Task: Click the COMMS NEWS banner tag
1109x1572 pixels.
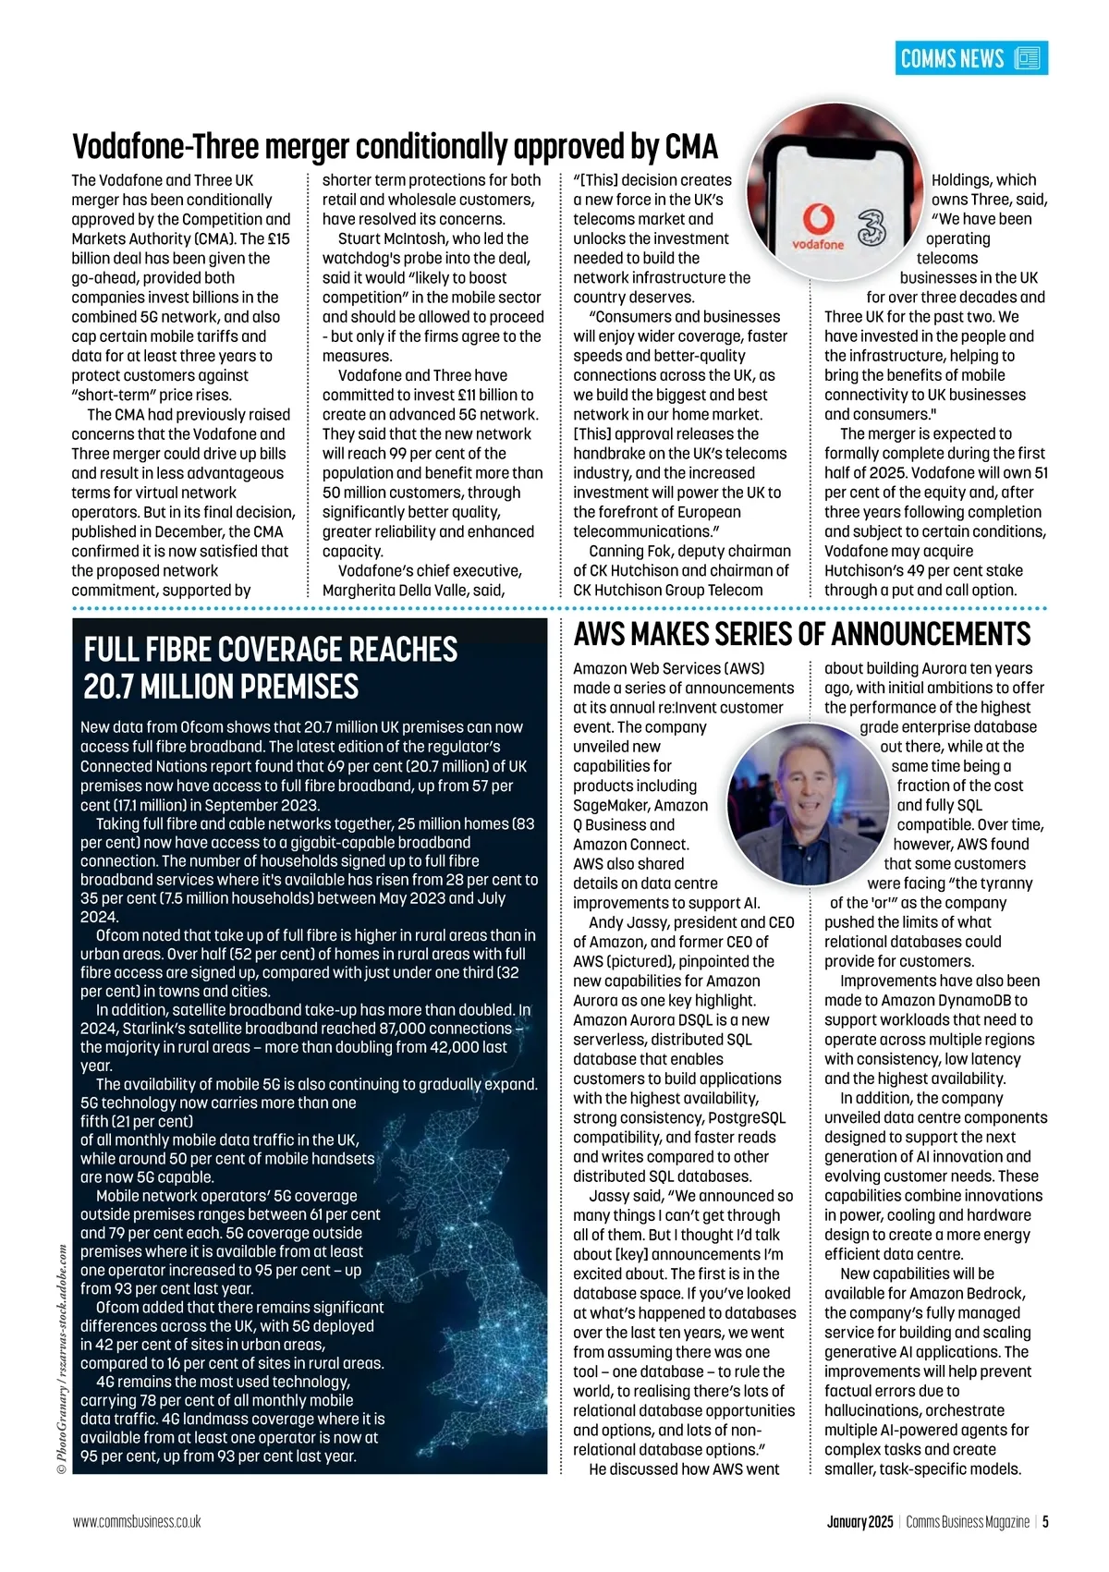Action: [x=970, y=58]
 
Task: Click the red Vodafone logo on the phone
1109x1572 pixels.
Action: [x=818, y=223]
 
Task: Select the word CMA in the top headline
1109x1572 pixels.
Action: [x=686, y=147]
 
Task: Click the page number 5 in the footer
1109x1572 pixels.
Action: [x=1045, y=1521]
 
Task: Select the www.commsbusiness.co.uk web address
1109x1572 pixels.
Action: [x=137, y=1521]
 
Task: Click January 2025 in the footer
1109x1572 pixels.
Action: [x=859, y=1521]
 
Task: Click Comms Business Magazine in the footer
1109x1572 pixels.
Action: [x=968, y=1521]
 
